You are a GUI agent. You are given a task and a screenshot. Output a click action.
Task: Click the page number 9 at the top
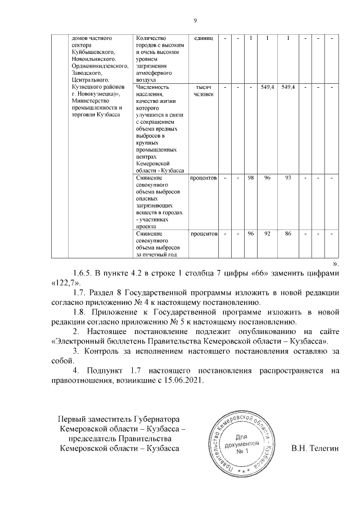coord(194,21)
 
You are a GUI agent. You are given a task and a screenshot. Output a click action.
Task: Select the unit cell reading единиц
coord(203,38)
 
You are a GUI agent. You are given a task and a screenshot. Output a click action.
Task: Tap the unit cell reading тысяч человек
coord(203,91)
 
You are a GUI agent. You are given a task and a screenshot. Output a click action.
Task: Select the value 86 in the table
coord(288,233)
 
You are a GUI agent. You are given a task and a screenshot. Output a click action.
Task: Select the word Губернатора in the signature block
coord(155,420)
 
